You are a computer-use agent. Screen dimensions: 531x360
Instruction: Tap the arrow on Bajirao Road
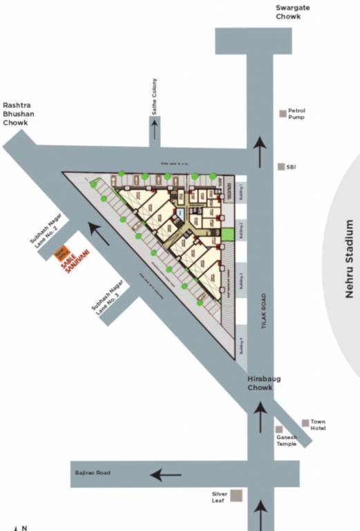(166, 475)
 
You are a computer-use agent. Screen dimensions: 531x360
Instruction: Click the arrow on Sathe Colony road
(155, 129)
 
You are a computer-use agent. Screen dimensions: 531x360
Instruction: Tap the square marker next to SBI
(281, 167)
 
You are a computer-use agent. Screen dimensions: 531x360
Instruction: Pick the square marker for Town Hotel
(305, 422)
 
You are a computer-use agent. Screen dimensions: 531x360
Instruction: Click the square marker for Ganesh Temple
(279, 429)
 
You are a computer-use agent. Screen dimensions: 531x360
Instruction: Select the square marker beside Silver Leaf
(236, 495)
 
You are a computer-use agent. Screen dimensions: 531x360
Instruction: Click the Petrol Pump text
(296, 113)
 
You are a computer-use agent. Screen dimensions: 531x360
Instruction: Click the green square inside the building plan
(227, 233)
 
